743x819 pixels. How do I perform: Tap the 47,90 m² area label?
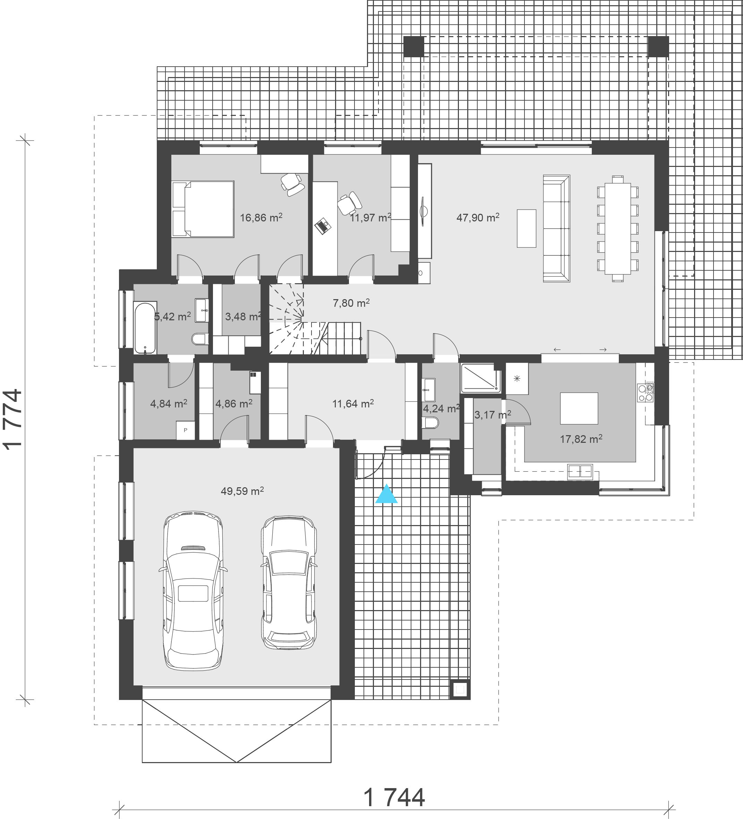tap(478, 217)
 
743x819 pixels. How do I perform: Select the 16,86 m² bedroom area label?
tap(261, 217)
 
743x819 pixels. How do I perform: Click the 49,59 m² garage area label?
tap(242, 491)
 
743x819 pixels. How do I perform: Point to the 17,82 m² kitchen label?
tap(581, 439)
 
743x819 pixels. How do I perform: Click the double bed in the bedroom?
tap(203, 209)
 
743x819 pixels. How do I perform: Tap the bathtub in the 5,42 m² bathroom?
tap(145, 328)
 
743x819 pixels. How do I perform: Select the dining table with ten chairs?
tap(617, 228)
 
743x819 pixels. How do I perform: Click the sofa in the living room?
tap(557, 228)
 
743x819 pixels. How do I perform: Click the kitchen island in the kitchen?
tap(579, 408)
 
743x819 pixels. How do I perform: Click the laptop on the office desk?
tap(323, 226)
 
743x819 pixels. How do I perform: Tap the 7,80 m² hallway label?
tap(351, 303)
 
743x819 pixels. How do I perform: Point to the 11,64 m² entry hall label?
tap(353, 403)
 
